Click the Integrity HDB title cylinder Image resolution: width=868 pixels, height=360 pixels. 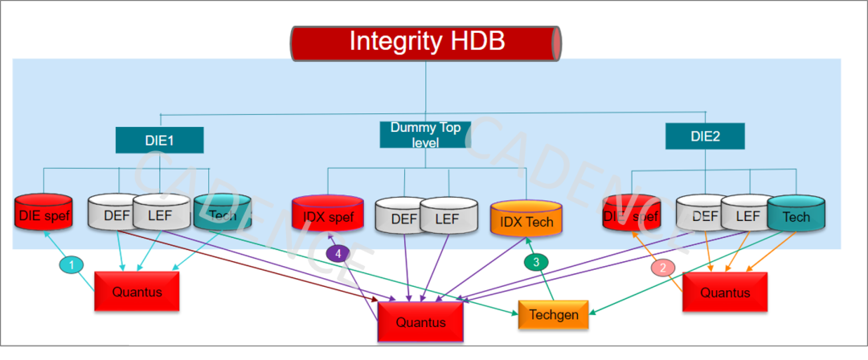pos(426,43)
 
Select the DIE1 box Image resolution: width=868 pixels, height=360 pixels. pos(159,140)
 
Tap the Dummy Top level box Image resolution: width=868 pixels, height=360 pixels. pos(424,134)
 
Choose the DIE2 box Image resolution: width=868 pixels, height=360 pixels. pos(705,137)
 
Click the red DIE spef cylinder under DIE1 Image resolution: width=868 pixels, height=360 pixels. pos(43,215)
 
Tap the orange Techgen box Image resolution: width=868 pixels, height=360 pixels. pos(554,315)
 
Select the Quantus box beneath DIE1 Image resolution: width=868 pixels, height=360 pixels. pos(137,292)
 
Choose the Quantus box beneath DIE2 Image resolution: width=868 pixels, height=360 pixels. pos(725,292)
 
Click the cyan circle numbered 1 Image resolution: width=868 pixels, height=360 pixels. pos(72,264)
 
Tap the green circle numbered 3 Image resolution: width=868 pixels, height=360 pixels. pos(536,261)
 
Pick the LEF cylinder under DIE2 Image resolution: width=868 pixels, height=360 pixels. pos(747,215)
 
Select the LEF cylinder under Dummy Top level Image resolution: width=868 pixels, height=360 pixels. pos(448,218)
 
